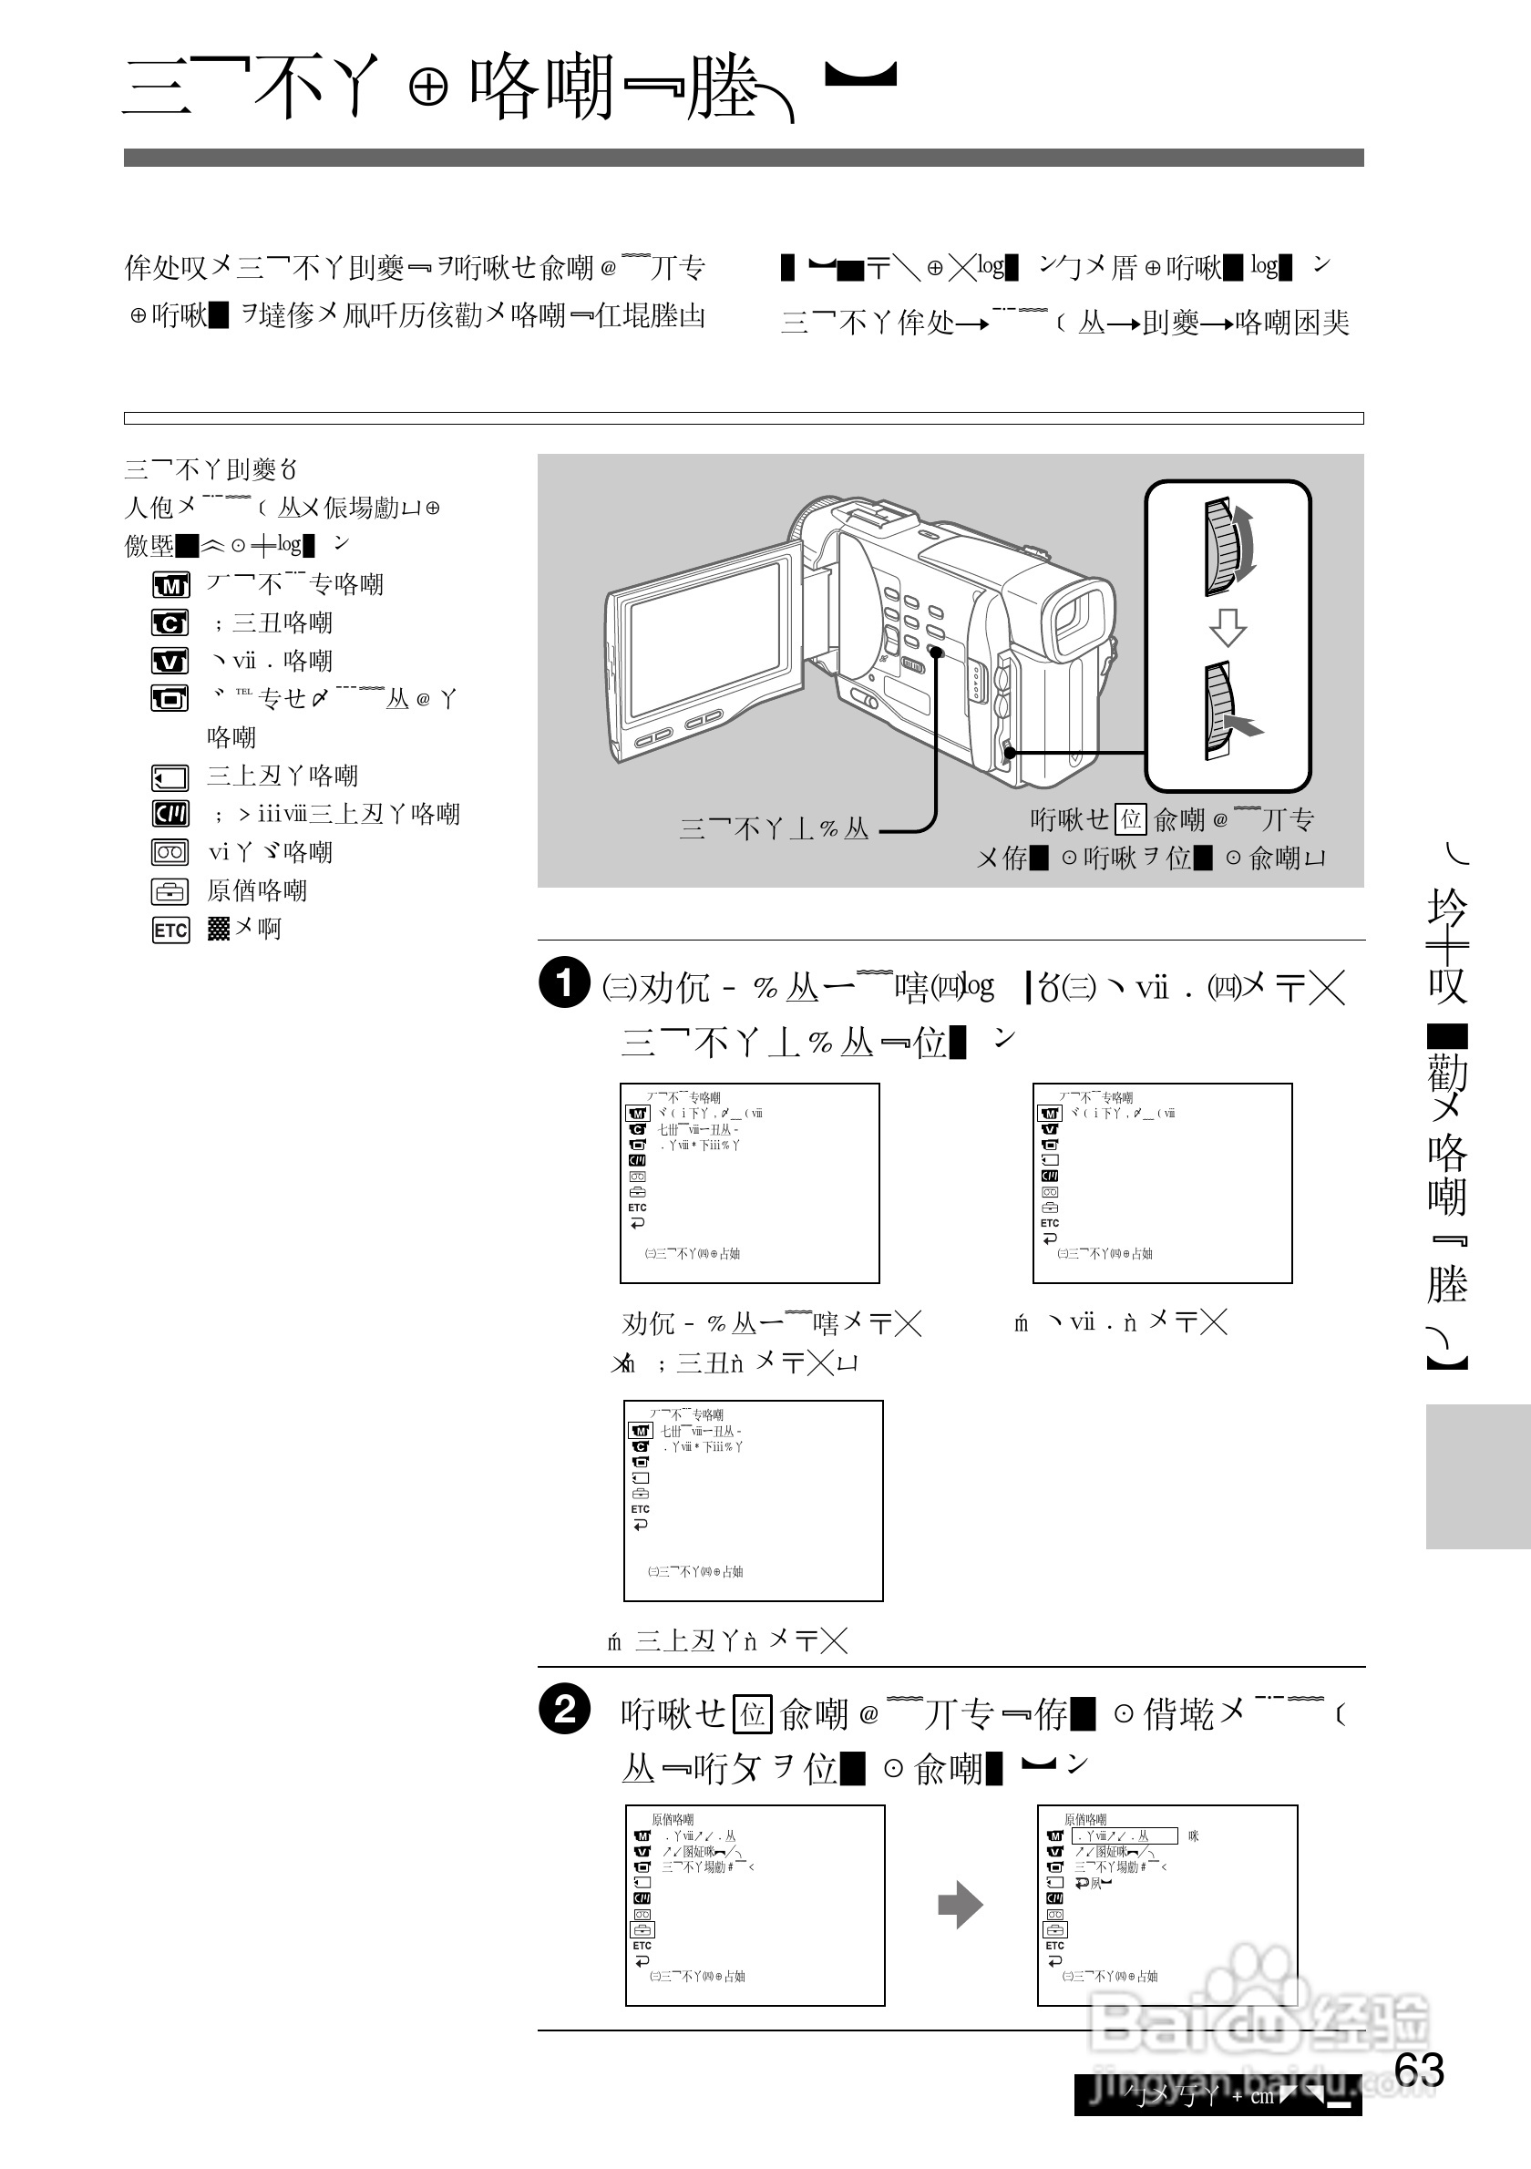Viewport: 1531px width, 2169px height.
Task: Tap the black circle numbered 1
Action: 564,982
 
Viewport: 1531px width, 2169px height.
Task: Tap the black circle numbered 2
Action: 564,1710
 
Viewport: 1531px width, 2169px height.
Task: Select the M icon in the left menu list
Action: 170,586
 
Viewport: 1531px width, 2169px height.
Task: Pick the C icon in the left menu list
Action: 170,623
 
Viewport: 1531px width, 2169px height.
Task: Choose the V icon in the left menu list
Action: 170,662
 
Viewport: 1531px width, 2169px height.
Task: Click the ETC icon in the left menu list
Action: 170,930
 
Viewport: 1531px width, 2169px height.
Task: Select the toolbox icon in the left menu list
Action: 170,892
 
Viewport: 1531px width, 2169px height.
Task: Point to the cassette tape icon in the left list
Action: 170,853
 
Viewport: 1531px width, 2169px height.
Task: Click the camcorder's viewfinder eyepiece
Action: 1080,619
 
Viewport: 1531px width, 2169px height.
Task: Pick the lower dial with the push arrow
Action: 1219,712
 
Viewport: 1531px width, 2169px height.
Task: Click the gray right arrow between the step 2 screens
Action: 961,1905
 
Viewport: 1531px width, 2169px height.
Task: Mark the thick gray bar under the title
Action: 744,158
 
